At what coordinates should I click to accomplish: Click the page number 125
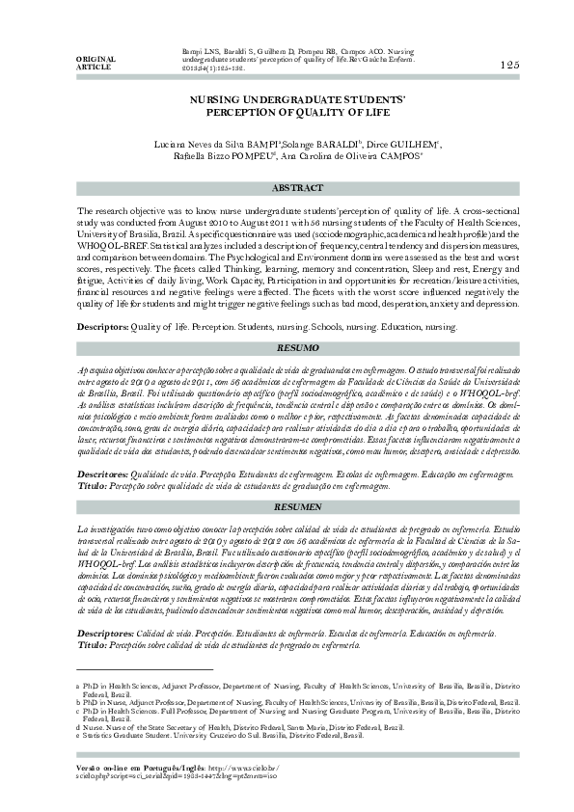[510, 65]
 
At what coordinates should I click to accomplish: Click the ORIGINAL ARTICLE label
[94, 64]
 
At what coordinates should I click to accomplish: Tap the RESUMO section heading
[298, 345]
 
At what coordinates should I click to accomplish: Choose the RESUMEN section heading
[298, 505]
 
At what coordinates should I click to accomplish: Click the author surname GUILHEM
[416, 144]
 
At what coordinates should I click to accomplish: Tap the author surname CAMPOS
[396, 157]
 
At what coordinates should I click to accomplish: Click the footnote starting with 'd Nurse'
[241, 726]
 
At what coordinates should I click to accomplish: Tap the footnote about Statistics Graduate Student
[222, 735]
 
